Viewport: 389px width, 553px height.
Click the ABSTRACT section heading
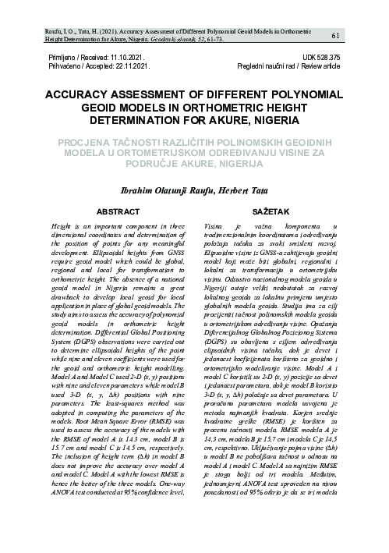pos(118,212)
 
